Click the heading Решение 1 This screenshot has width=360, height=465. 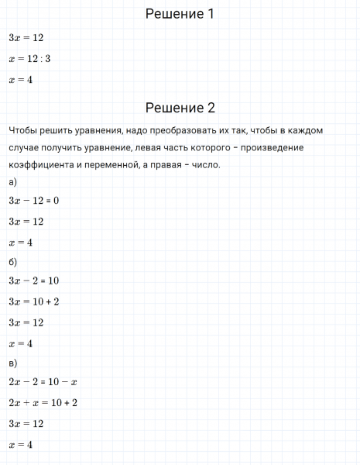(180, 14)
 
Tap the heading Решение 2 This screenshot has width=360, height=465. (180, 108)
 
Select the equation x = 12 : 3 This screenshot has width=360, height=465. (29, 58)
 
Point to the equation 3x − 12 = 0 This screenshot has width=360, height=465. (33, 200)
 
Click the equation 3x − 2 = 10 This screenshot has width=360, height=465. (33, 281)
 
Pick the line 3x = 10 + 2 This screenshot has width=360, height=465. (33, 301)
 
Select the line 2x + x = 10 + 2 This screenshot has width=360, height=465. (43, 403)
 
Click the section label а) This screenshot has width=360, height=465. (12, 182)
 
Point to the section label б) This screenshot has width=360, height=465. (12, 262)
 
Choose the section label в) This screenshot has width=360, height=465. (12, 363)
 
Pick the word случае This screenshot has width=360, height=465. (25, 146)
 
